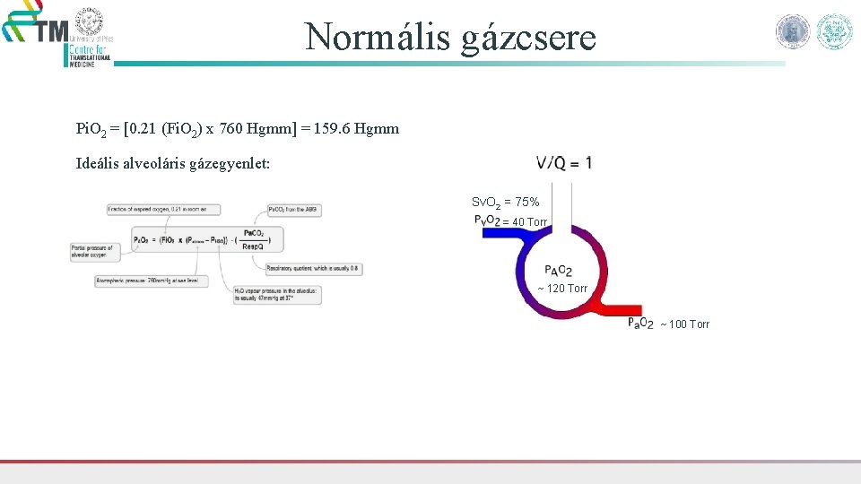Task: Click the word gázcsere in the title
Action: coord(528,38)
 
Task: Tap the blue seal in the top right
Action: coord(792,31)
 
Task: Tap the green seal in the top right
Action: coord(834,31)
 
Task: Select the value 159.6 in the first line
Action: coord(333,129)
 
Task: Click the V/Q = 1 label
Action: coord(564,163)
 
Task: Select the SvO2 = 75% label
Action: coord(506,203)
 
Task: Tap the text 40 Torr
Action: coord(529,222)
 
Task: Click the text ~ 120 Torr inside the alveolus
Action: coord(562,289)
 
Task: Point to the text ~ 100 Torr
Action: coord(684,324)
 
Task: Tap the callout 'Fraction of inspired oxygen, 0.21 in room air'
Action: coord(157,209)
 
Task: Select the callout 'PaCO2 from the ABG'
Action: coord(293,210)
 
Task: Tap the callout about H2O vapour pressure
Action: coord(276,294)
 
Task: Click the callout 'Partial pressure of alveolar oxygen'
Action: coord(94,251)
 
